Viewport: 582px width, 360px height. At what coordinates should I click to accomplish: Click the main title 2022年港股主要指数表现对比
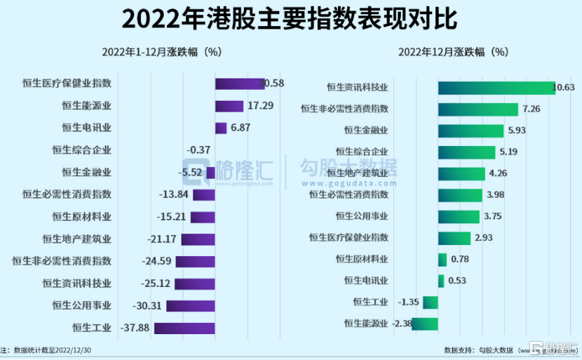[290, 19]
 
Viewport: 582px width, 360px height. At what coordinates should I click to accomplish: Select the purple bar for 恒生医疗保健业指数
[239, 84]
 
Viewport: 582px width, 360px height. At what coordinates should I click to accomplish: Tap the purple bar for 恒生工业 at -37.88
[184, 328]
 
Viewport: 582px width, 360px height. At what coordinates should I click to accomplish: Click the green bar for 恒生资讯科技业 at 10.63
[496, 88]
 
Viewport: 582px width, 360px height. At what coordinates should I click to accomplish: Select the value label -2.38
[402, 324]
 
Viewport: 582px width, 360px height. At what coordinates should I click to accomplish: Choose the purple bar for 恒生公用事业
[190, 306]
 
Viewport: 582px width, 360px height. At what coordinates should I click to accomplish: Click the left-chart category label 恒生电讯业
[86, 128]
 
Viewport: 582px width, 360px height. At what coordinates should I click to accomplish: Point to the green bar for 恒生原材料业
[442, 260]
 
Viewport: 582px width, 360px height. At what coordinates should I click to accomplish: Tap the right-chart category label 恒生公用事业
[361, 215]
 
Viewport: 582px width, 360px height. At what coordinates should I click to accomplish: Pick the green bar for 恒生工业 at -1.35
[431, 302]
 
